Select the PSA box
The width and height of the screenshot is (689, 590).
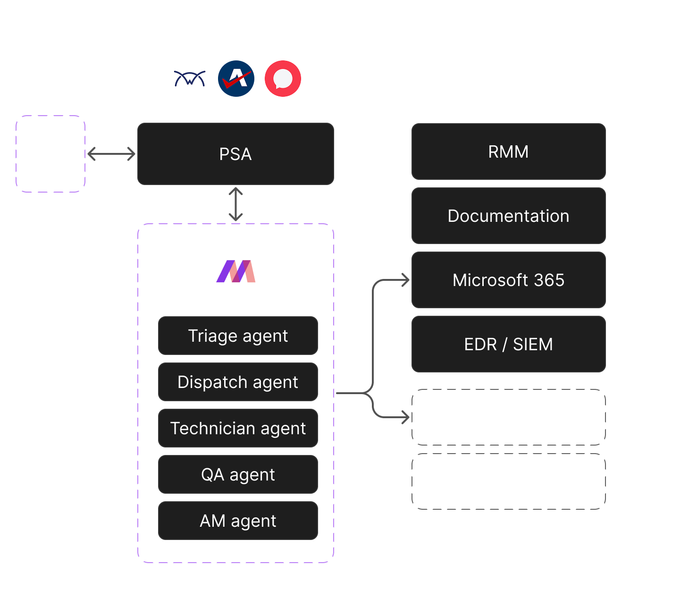tap(235, 154)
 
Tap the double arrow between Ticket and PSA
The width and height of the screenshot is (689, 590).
tap(111, 154)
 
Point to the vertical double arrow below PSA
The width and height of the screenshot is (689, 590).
tap(235, 204)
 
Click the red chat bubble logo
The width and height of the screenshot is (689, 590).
tap(283, 78)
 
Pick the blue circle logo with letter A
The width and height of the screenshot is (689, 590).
tap(236, 78)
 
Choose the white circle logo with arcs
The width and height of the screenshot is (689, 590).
tap(190, 78)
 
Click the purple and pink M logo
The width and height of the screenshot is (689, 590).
tap(236, 272)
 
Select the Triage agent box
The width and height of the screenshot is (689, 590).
tap(238, 336)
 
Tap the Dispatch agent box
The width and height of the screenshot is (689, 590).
tap(238, 382)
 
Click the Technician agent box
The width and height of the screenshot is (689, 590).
tap(238, 428)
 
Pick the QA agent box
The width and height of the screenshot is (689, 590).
tap(238, 474)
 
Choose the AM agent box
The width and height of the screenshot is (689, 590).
tap(238, 521)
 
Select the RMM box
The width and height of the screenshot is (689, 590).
tap(508, 152)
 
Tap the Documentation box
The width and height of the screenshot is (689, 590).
tap(508, 216)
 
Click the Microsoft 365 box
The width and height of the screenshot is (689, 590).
tap(508, 280)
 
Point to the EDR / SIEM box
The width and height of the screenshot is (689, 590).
tap(508, 344)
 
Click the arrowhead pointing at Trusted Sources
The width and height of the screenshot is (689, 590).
tap(406, 417)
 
